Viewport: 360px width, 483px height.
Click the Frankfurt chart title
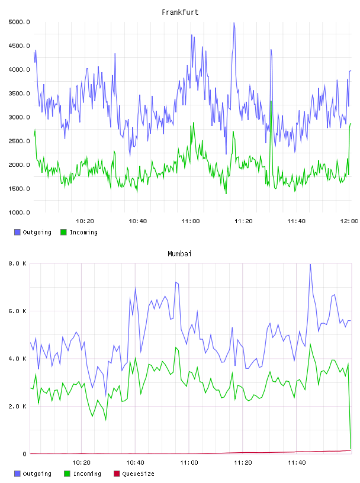180,12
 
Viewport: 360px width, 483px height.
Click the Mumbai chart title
179,254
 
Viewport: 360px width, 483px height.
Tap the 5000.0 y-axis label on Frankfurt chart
19,22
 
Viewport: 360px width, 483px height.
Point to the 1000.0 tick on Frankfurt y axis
19,212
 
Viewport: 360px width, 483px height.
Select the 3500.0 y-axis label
19,94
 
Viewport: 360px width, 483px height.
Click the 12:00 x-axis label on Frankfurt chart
349,221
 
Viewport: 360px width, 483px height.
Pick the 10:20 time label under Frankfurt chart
85,221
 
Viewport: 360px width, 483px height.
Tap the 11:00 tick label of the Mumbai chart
189,462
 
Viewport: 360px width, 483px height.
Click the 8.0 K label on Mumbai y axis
17,263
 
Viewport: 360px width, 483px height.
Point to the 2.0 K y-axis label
17,406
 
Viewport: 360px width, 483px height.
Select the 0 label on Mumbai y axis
24,454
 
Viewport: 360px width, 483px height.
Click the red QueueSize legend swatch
117,474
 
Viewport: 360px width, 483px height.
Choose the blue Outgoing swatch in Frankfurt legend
17,232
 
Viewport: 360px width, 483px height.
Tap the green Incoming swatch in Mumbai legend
67,474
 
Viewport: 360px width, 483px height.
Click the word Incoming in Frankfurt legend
83,232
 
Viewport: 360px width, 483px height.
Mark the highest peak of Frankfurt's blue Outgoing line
234,23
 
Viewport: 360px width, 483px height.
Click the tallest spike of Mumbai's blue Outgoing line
310,265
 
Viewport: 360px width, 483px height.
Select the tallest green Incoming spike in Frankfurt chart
271,101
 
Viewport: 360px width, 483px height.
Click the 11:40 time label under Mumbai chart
297,462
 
